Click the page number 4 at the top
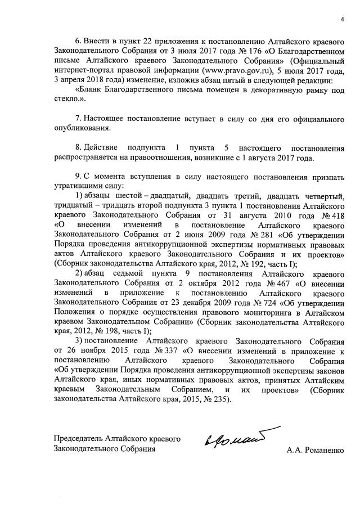[341, 21]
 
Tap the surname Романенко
[321, 450]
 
